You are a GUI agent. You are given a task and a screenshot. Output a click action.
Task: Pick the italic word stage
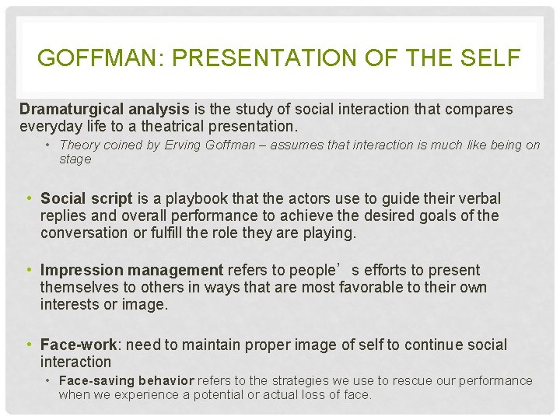click(x=75, y=159)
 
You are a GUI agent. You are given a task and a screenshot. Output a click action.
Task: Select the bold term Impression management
click(x=131, y=271)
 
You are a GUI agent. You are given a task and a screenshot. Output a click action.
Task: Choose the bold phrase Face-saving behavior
click(x=126, y=381)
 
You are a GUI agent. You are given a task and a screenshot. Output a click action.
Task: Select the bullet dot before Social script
click(x=30, y=199)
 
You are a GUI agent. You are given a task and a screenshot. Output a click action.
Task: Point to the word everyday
click(x=47, y=126)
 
